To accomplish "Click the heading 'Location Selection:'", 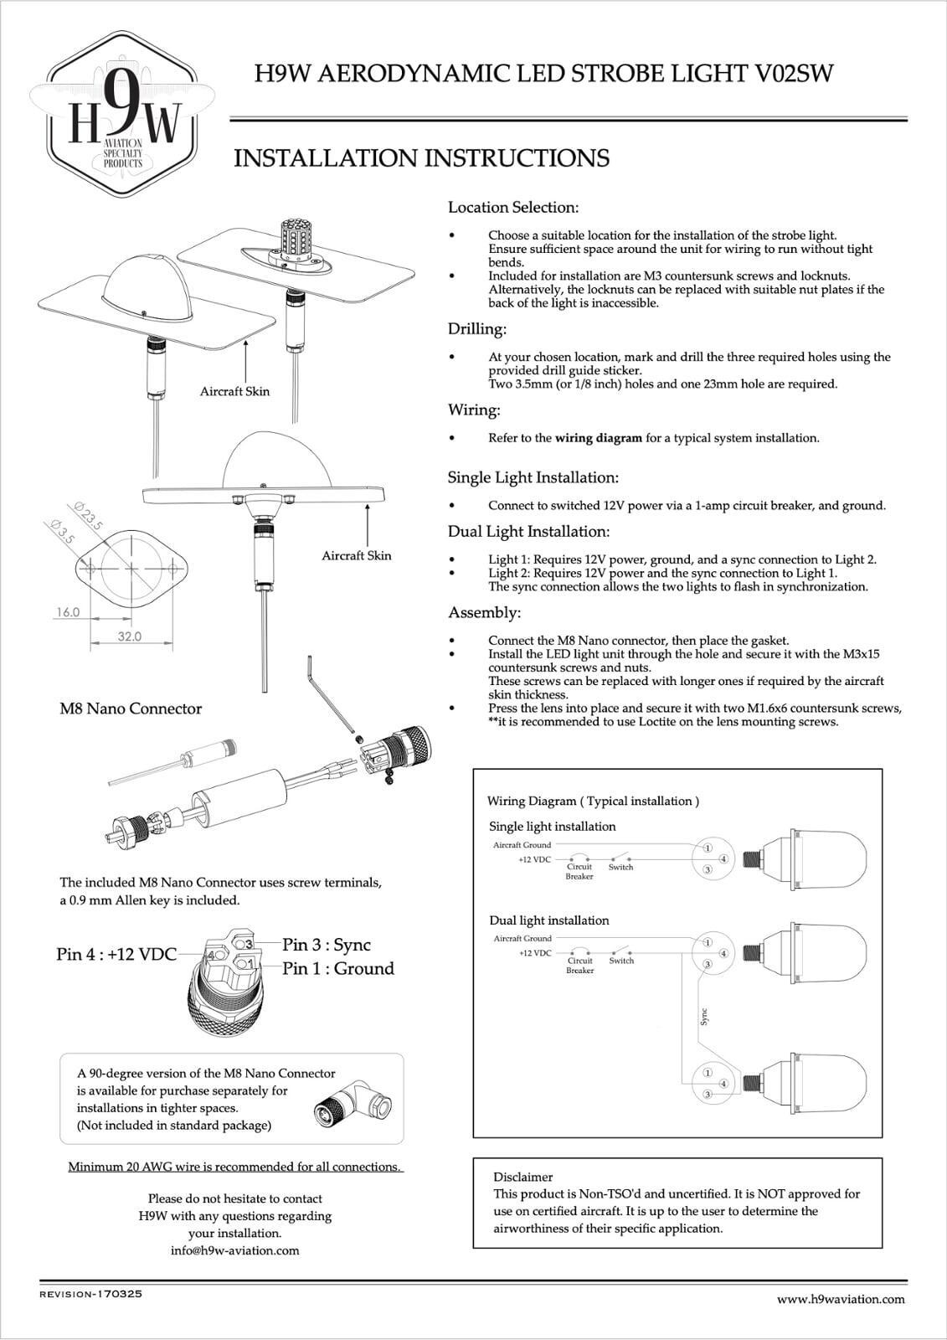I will point(512,207).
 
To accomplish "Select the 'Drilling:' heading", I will point(476,328).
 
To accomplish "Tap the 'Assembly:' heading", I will point(484,612).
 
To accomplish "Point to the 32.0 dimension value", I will point(128,636).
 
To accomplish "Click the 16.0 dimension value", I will point(67,612).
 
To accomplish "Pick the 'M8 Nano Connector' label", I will point(131,709).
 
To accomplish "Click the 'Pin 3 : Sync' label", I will point(326,945).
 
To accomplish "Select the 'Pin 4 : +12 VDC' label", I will point(116,954).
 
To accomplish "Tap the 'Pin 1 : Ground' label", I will point(337,969).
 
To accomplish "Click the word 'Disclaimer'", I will point(522,1177).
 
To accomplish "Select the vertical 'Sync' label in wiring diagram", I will point(703,1017).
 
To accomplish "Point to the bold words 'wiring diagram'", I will point(599,438).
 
